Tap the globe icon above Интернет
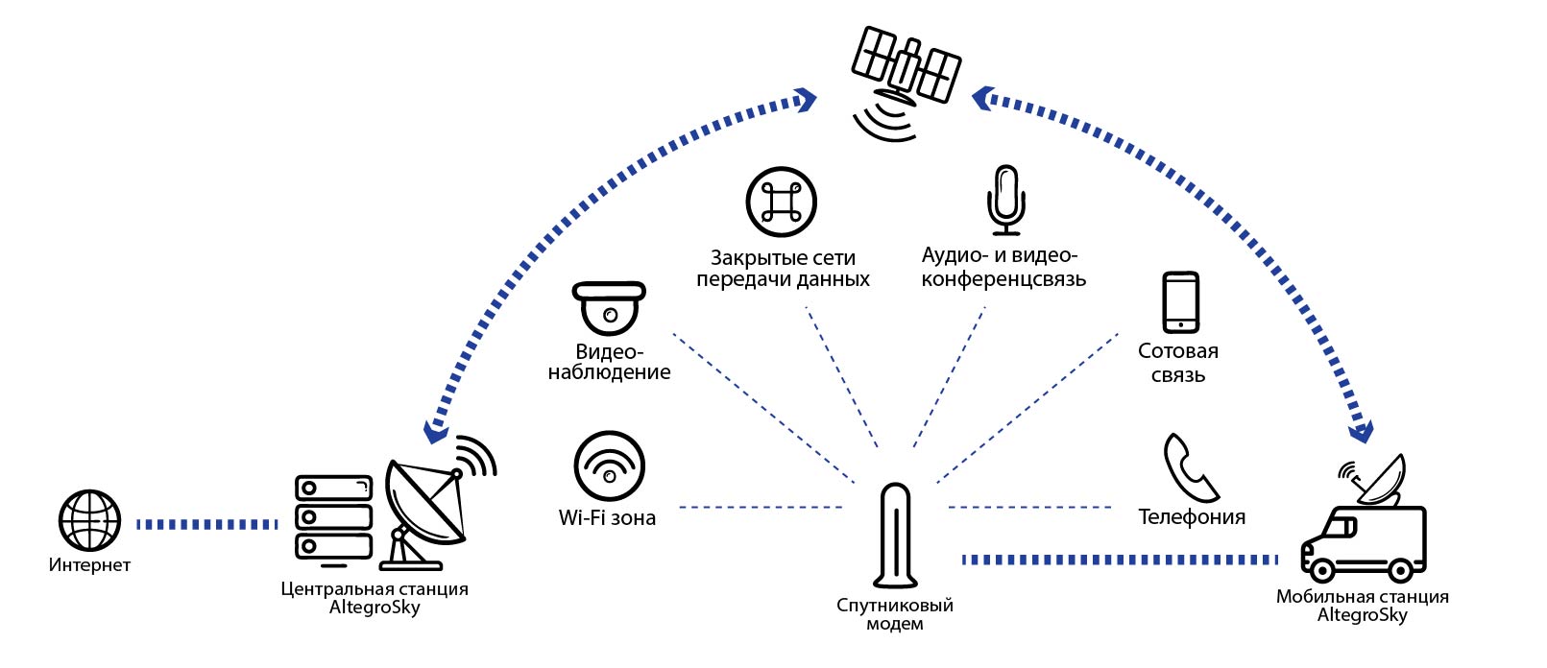(89, 519)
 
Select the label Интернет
(89, 565)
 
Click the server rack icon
(333, 517)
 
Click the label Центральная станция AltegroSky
(375, 598)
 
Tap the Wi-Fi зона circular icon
(609, 465)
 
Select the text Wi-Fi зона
(607, 518)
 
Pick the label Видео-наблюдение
(609, 362)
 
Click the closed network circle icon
(781, 202)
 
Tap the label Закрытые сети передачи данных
(783, 269)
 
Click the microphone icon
(1005, 200)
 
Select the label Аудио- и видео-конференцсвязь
(1003, 267)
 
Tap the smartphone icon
(1180, 302)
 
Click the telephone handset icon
(1190, 467)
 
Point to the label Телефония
(1192, 517)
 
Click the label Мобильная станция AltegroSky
(1362, 606)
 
